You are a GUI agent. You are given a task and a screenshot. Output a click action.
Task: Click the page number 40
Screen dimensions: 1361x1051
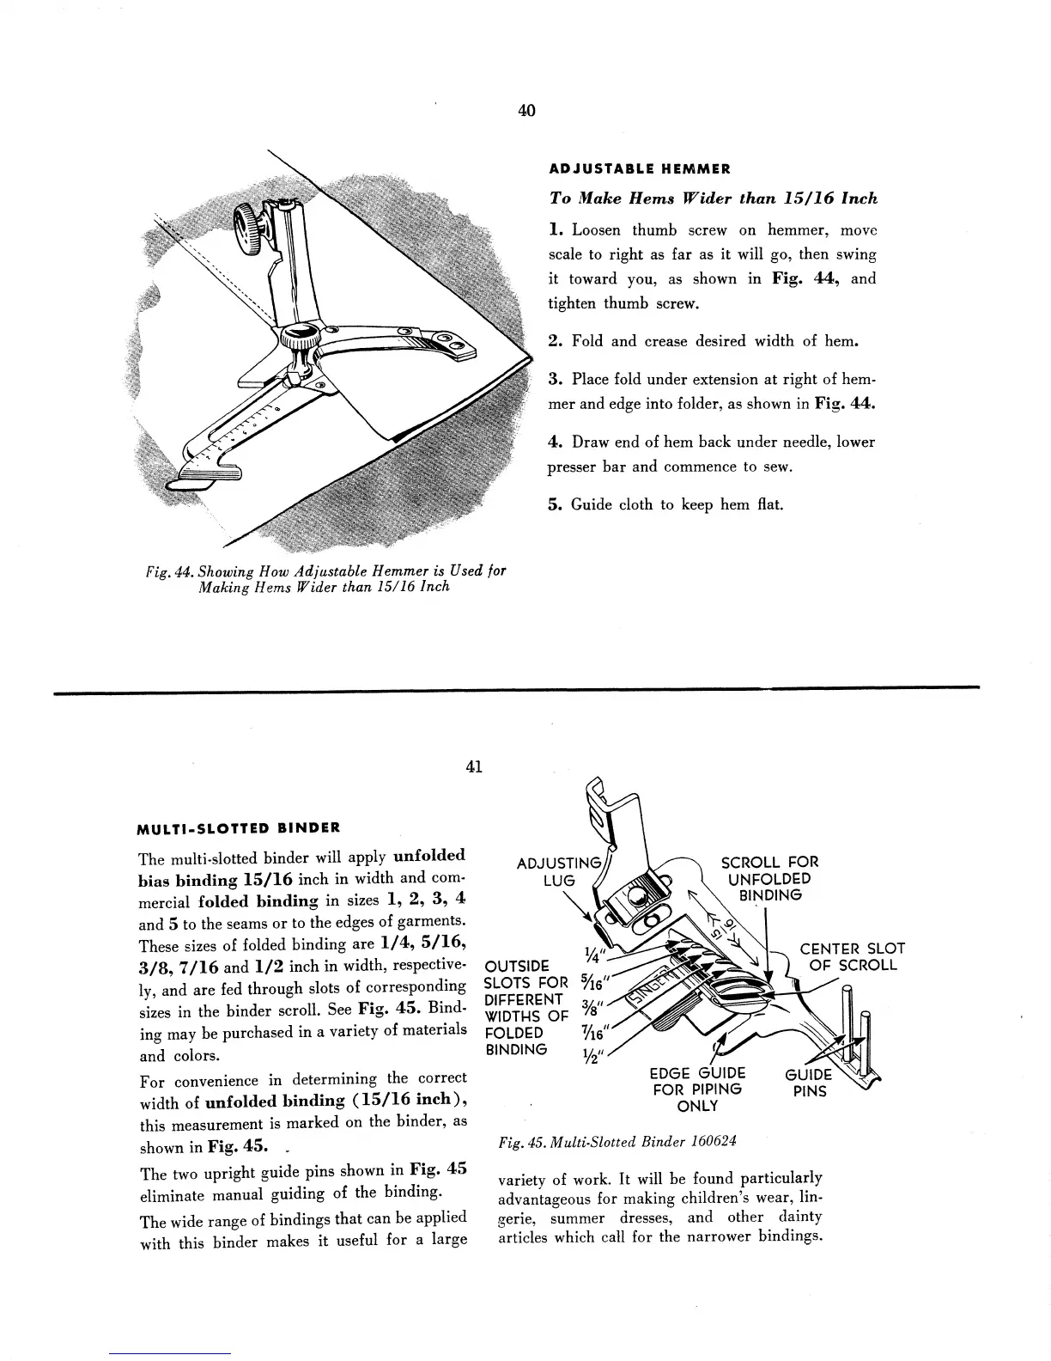526,110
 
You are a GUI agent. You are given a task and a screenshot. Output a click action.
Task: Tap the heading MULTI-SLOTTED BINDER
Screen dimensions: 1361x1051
239,828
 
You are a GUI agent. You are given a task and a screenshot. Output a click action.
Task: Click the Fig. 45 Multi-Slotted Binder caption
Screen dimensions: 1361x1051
617,1141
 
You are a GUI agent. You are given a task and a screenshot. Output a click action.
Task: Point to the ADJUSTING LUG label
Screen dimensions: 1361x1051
557,872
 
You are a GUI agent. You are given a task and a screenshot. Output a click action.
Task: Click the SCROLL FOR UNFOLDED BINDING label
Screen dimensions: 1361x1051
769,878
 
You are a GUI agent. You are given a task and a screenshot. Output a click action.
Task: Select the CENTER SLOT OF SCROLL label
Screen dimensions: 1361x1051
852,956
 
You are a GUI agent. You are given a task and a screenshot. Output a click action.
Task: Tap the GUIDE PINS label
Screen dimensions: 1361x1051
808,1083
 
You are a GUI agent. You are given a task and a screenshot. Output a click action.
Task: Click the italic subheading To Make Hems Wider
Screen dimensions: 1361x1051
713,198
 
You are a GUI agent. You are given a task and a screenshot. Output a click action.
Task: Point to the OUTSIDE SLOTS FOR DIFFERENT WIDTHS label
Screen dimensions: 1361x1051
526,1008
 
